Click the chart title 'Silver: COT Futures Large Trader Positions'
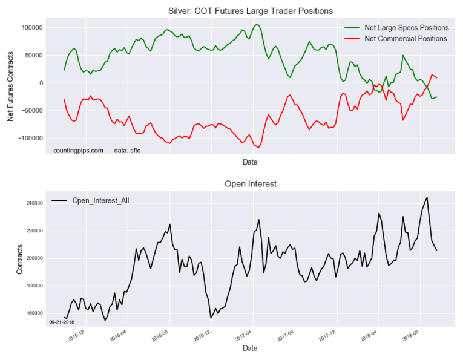(x=249, y=11)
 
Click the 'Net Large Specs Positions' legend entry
(x=406, y=28)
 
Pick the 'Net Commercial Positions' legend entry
(x=406, y=39)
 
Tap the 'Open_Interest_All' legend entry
(x=100, y=200)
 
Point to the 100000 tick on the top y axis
(x=29, y=28)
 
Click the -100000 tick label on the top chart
(x=28, y=139)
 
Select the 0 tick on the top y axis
(x=38, y=83)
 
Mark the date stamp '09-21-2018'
(x=61, y=322)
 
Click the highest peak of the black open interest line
(x=427, y=197)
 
